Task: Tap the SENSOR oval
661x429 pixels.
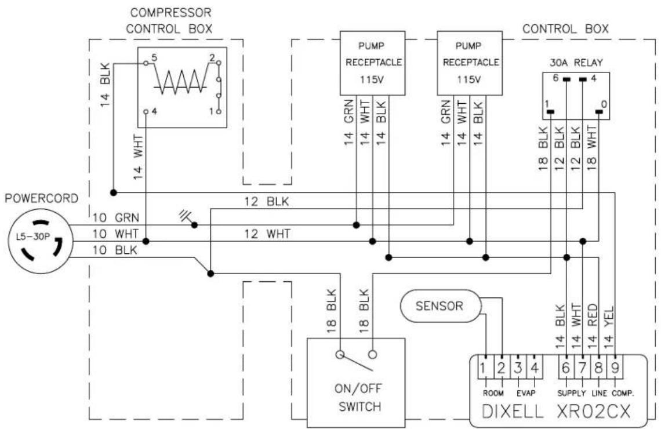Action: [x=440, y=306]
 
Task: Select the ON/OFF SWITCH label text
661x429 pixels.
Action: [x=358, y=397]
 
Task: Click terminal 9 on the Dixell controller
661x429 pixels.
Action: [x=615, y=368]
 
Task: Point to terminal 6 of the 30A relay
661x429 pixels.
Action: [x=566, y=78]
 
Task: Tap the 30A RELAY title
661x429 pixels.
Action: [x=576, y=63]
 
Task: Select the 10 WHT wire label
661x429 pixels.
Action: [x=115, y=234]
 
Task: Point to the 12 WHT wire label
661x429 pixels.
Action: [x=267, y=234]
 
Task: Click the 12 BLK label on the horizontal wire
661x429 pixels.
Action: [x=267, y=201]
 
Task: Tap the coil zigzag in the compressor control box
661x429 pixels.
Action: [x=180, y=81]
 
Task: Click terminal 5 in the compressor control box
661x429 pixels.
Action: [x=146, y=63]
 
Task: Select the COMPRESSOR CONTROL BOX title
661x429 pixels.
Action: [x=169, y=21]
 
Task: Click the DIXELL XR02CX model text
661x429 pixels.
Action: [x=556, y=411]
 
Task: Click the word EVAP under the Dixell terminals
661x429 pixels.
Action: [x=526, y=393]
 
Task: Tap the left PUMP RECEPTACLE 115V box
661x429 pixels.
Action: [x=373, y=63]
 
